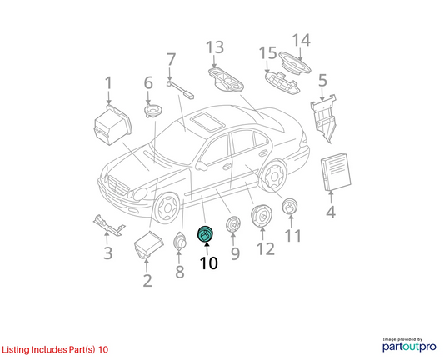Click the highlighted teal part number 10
coord(205,234)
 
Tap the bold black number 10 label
coord(209,263)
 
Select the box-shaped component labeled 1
coord(112,125)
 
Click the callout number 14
coord(301,40)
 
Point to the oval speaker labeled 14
coord(295,62)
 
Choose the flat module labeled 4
coord(336,172)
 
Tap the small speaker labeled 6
coord(153,111)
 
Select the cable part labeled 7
coord(180,90)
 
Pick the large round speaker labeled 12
coord(262,215)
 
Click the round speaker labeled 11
coord(290,207)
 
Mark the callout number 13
coord(215,47)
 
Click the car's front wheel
coord(167,208)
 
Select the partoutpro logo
coord(409,345)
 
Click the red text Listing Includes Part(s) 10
coord(55,349)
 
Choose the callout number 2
coord(147,280)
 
